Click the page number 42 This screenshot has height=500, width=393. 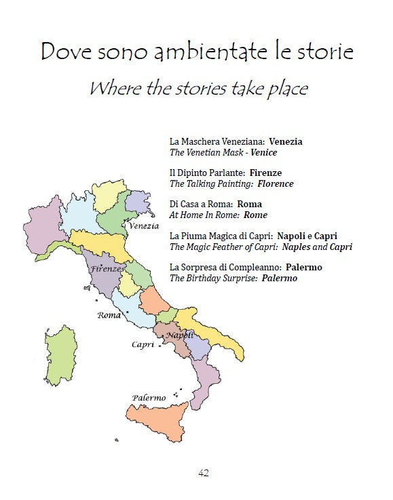point(204,473)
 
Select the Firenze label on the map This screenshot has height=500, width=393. point(107,269)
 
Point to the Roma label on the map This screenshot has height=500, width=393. point(109,315)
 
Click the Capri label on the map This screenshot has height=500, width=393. point(143,345)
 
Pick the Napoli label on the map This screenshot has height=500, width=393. point(180,335)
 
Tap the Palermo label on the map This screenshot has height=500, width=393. point(149,397)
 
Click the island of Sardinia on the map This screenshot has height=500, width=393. point(58,353)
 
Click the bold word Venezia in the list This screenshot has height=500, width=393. point(286,142)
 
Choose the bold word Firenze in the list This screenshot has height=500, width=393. point(265,173)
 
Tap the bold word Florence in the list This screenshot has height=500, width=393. point(276,184)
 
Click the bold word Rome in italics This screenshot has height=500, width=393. point(255,215)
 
